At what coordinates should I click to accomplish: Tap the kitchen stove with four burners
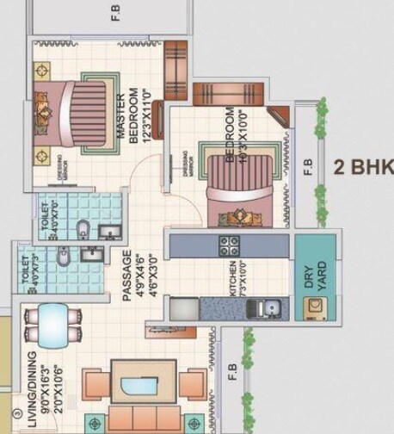(x=229, y=245)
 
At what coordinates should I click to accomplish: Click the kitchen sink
(x=271, y=306)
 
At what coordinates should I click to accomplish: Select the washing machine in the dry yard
(x=313, y=307)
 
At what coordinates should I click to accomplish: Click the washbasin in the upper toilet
(x=109, y=231)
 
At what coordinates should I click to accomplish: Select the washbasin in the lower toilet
(x=92, y=254)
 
